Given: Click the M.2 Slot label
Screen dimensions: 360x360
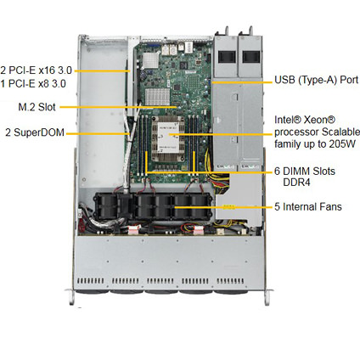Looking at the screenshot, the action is (37, 107).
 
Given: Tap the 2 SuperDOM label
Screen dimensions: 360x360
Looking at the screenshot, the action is (35, 132).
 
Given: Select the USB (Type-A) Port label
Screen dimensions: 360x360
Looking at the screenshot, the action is (317, 80).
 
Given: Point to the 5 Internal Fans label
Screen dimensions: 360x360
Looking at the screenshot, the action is (308, 206).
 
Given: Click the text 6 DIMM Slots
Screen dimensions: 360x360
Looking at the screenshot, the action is (305, 171).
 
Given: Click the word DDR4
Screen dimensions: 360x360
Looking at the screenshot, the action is (296, 183).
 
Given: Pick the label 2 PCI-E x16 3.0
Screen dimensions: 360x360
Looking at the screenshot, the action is (36, 70).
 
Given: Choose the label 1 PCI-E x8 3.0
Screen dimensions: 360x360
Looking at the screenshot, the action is (33, 84).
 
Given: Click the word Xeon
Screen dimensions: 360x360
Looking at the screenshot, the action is (319, 120).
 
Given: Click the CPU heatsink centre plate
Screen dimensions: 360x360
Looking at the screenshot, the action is (168, 138).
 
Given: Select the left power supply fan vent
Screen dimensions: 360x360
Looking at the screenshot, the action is (227, 57).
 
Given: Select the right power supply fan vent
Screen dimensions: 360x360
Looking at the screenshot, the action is (251, 57).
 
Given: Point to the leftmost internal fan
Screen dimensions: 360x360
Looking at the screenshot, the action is (105, 206).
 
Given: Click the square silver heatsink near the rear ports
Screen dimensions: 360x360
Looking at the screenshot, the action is (150, 61).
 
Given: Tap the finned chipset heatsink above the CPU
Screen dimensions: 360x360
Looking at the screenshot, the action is (157, 97).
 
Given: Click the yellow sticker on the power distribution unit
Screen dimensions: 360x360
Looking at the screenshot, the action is (229, 207).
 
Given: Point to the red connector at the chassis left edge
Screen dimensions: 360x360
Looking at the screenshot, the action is (82, 227).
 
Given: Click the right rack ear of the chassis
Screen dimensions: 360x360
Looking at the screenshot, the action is (267, 297).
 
